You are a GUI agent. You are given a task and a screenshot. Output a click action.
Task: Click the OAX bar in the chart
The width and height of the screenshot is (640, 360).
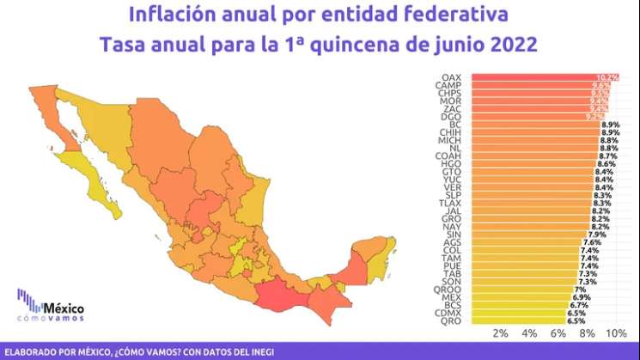point(533,77)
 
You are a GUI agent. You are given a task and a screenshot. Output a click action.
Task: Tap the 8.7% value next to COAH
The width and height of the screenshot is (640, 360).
point(609,156)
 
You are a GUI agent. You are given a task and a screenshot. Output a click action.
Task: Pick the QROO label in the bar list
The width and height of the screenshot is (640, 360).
point(449,290)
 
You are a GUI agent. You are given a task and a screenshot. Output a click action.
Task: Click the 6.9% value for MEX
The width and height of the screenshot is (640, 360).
point(582,297)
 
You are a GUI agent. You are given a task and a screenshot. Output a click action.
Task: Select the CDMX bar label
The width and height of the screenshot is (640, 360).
point(448,313)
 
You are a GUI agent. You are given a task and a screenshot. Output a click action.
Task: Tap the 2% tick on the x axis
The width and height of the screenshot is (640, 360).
point(500,333)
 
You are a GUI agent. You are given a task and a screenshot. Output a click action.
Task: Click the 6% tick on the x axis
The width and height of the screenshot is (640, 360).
point(558,333)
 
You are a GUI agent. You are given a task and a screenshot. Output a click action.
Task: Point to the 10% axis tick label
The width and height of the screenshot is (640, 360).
point(615,333)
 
